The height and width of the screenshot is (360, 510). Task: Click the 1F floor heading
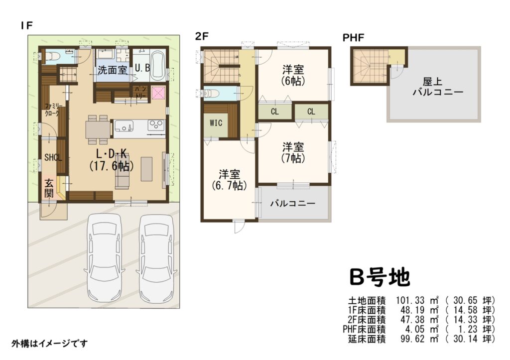(x=26, y=25)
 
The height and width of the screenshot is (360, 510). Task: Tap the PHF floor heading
(x=353, y=38)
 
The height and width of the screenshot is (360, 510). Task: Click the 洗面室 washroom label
(x=112, y=70)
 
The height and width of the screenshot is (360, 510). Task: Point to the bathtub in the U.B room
(x=158, y=66)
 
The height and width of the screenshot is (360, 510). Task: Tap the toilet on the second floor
(x=210, y=94)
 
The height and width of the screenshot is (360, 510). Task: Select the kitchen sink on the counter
(x=124, y=126)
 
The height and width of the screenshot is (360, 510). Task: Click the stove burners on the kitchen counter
(x=156, y=124)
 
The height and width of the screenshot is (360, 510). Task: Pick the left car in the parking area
(x=104, y=258)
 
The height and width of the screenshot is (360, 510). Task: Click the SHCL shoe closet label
(x=53, y=157)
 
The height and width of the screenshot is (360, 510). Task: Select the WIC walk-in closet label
(x=216, y=123)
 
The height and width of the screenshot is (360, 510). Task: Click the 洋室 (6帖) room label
(x=293, y=75)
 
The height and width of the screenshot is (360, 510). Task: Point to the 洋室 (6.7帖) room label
(x=229, y=180)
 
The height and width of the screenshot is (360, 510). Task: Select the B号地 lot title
(x=379, y=277)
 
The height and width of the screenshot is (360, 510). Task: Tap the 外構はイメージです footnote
(x=49, y=344)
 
